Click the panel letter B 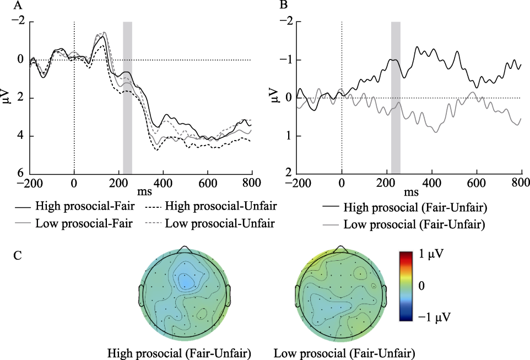click(x=283, y=6)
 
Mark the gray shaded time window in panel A click(x=127, y=98)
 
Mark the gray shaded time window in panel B click(x=395, y=98)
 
